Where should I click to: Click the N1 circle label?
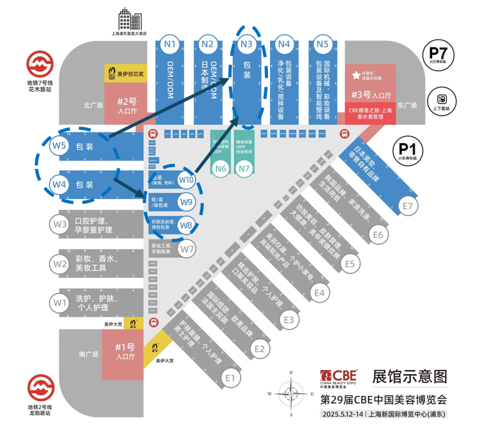tap(170, 44)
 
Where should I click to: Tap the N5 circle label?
tap(322, 44)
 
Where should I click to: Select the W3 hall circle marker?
tap(60, 224)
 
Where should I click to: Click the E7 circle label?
tap(406, 206)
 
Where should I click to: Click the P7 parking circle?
tap(438, 53)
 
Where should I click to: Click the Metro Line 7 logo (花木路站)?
tap(39, 66)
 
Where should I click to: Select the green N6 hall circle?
tap(221, 169)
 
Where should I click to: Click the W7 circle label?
tap(186, 248)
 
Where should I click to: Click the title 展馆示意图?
tap(409, 376)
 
